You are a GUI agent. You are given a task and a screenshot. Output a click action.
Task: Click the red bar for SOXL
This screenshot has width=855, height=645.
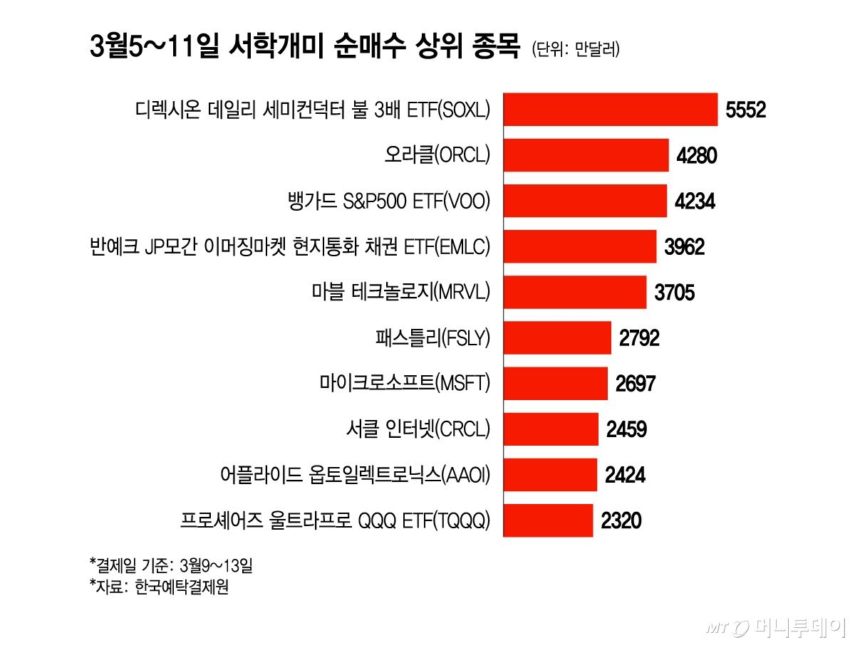[x=611, y=110]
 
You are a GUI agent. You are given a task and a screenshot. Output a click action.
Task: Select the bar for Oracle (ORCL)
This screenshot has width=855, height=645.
[x=586, y=155]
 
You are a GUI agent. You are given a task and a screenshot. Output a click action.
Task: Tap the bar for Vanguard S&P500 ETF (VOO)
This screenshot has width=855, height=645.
[x=585, y=201]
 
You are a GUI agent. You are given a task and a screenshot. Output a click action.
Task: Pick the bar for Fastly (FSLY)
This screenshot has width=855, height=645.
[x=557, y=337]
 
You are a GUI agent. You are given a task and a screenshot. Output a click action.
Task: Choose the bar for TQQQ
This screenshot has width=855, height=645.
[x=548, y=520]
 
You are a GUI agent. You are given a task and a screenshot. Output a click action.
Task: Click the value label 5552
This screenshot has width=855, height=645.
[x=745, y=110]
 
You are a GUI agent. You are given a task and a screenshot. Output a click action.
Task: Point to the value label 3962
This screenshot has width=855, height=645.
[x=684, y=247]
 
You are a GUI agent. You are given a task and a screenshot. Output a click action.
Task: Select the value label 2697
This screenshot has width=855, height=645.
[x=635, y=384]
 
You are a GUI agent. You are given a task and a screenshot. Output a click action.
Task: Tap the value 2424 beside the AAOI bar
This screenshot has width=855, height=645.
[x=625, y=475]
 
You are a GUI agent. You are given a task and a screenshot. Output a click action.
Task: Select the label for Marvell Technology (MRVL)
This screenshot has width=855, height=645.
[x=401, y=292]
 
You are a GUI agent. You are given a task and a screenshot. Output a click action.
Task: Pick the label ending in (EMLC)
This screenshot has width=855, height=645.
[x=291, y=247]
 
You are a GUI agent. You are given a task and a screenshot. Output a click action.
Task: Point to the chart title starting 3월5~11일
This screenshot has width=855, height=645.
[x=304, y=48]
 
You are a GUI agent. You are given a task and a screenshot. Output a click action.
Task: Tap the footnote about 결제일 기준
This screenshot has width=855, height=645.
[x=171, y=566]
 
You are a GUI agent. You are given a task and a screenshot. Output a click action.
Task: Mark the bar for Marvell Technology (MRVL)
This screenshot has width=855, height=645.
[x=575, y=292]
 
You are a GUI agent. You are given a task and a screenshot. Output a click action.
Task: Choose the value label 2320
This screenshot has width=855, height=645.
[x=621, y=521]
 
